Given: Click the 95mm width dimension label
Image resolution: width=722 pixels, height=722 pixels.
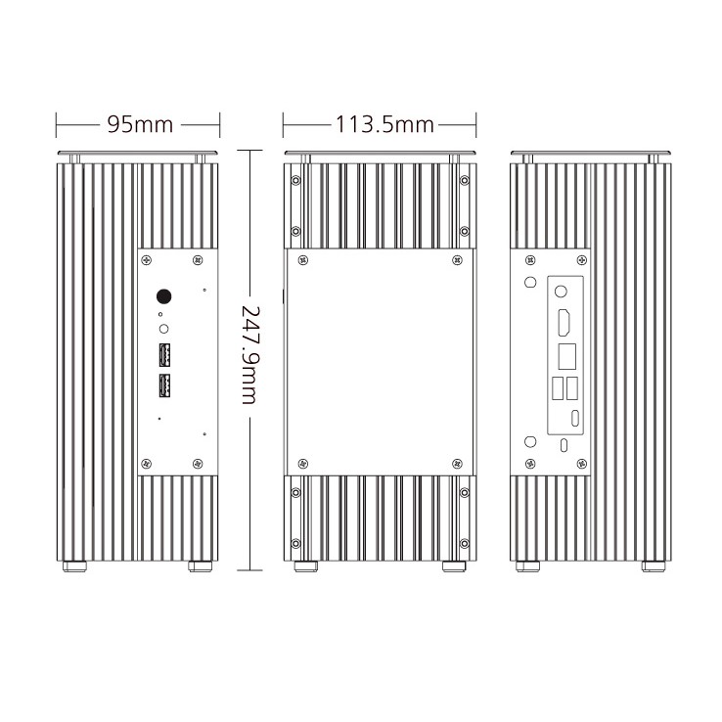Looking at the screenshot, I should (138, 125).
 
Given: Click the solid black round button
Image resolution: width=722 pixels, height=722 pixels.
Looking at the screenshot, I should (164, 295).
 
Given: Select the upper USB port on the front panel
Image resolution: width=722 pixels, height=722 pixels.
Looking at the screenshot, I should (163, 354).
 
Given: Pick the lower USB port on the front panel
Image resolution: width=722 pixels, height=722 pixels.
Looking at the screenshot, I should (163, 387).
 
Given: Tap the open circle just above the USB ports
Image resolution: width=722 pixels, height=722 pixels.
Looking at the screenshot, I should (163, 330).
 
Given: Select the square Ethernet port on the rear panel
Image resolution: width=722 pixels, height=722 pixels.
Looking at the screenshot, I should (565, 355).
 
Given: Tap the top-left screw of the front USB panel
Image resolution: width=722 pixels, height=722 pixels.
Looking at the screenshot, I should (147, 260).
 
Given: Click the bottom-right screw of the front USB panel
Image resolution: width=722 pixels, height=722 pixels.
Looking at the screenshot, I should (201, 463).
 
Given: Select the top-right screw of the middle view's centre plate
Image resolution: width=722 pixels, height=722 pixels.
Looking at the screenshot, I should (458, 259).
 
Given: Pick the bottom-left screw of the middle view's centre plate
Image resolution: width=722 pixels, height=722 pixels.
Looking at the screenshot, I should (302, 463).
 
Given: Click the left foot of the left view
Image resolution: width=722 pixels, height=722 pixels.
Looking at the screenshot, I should (71, 566).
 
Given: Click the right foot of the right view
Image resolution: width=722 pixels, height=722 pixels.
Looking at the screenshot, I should (654, 566).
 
